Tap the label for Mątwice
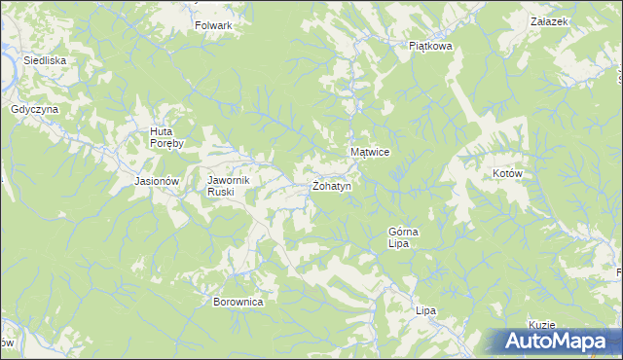370,153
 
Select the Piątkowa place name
431,45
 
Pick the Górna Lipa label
403,237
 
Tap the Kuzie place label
541,325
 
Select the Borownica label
238,302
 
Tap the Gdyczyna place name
35,109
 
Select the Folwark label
213,25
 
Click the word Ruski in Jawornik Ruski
220,192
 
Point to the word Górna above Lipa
403,232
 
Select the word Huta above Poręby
162,131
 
